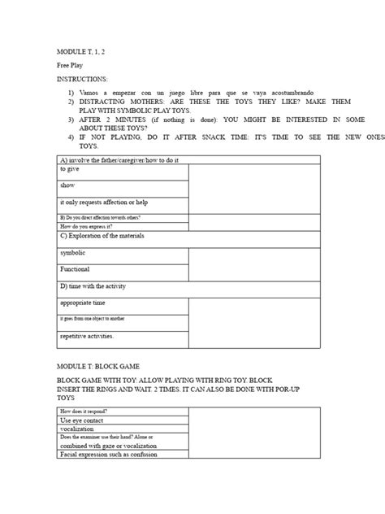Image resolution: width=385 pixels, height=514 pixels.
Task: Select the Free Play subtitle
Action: point(69,64)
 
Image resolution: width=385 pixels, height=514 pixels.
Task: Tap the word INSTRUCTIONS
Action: point(81,80)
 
